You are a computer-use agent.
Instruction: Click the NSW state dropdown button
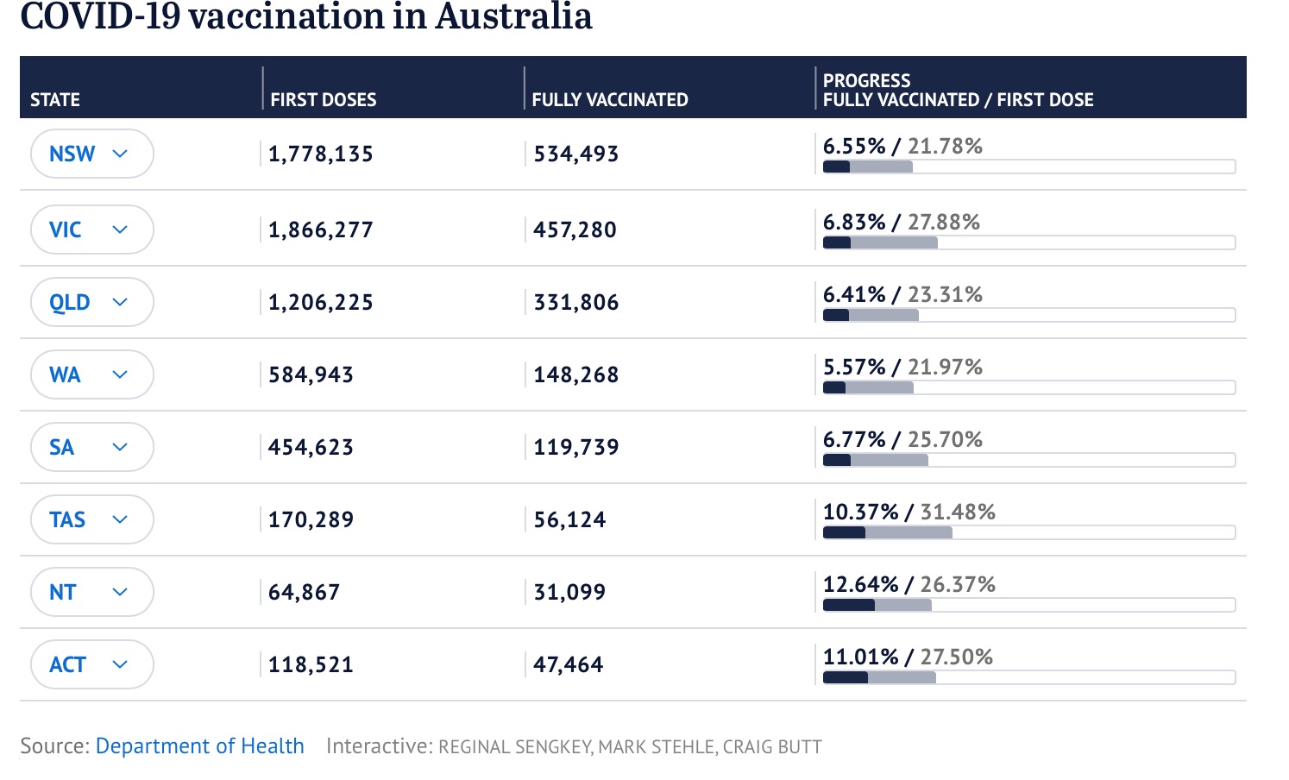91,154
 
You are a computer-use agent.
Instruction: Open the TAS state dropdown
91,519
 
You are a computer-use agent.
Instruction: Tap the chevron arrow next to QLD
120,302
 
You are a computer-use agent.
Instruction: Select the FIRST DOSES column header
324,99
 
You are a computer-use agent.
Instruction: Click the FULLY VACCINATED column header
610,99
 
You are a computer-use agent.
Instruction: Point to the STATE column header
55,99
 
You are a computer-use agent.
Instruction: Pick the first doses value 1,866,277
321,230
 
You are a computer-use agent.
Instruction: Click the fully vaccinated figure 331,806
576,302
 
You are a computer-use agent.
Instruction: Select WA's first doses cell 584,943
311,374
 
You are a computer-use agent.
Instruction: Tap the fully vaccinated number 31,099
569,592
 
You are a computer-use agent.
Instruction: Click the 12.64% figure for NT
860,584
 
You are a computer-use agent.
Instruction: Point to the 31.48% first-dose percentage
958,512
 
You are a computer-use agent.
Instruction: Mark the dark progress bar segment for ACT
846,677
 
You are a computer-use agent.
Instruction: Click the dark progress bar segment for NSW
836,167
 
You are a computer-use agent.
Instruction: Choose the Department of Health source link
199,745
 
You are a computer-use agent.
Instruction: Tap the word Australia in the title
513,16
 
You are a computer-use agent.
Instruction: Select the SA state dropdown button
91,447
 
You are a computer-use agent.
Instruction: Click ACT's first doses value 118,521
311,664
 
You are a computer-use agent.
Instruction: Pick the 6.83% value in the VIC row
854,222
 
